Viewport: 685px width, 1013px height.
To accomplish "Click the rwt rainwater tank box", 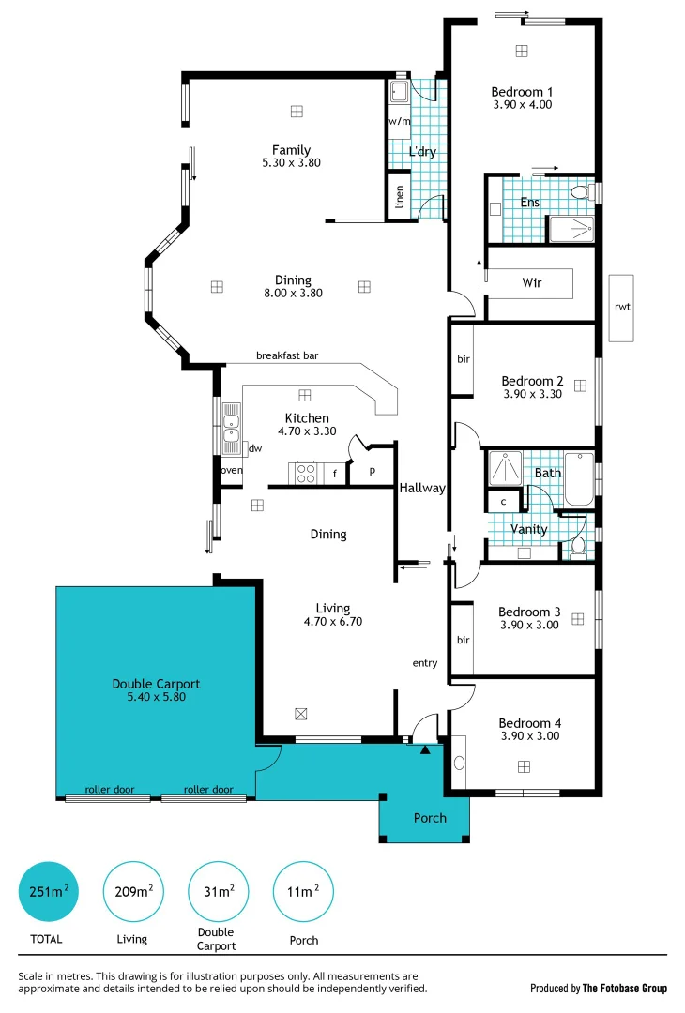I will coord(621,308).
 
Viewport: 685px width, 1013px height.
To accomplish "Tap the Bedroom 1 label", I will coord(522,92).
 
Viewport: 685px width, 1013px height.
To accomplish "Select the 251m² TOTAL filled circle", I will coord(47,891).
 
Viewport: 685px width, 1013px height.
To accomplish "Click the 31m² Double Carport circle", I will coord(219,891).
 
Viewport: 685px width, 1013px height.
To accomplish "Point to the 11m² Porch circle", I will coord(303,891).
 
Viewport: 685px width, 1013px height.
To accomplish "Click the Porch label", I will coord(430,818).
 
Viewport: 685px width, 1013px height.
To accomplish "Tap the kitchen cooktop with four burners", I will coord(306,474).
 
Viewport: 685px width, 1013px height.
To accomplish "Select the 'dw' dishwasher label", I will coord(254,449).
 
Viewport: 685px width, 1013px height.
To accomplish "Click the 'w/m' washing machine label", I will coord(399,122).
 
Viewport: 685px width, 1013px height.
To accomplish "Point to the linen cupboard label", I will coord(400,197).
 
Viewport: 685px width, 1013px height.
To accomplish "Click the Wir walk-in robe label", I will coord(531,281).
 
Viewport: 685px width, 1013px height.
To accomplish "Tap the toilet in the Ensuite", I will coord(579,192).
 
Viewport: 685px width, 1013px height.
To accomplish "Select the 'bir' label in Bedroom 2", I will coord(463,359).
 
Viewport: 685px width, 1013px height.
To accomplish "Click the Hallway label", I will coord(422,488).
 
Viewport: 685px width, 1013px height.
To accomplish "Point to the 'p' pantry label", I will coord(373,472).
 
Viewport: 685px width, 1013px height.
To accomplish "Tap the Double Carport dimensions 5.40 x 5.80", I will coord(156,698).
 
